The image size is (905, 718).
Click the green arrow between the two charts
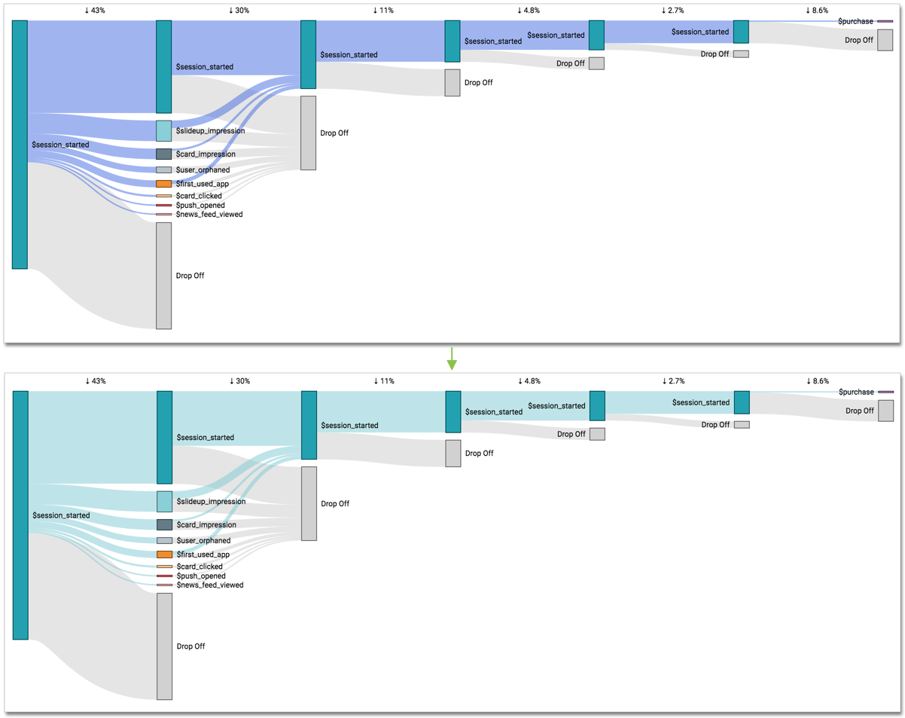pyautogui.click(x=452, y=359)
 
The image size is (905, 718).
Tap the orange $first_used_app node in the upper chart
pyautogui.click(x=163, y=184)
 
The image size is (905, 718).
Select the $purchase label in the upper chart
pyautogui.click(x=855, y=21)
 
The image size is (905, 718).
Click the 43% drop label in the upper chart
pyautogui.click(x=95, y=11)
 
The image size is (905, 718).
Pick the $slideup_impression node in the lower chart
pyautogui.click(x=164, y=501)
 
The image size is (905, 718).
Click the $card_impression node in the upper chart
pyautogui.click(x=163, y=154)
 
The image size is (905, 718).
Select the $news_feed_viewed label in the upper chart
pyautogui.click(x=209, y=215)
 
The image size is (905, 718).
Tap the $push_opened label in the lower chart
pyautogui.click(x=201, y=576)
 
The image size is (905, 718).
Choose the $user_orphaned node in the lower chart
pyautogui.click(x=164, y=540)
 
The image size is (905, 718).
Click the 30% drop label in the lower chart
pyautogui.click(x=239, y=381)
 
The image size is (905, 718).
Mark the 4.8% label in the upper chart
pyautogui.click(x=528, y=11)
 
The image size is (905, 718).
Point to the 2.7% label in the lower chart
pyautogui.click(x=673, y=381)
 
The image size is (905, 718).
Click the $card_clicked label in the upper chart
pyautogui.click(x=199, y=196)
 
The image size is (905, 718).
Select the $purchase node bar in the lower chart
pyautogui.click(x=885, y=392)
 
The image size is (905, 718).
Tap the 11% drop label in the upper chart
pyautogui.click(x=383, y=11)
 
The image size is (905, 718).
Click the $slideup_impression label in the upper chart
pyautogui.click(x=210, y=131)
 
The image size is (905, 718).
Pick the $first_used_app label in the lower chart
pyautogui.click(x=203, y=555)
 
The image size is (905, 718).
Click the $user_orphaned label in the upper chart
pyautogui.click(x=203, y=170)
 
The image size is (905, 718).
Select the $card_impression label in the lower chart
pyautogui.click(x=206, y=524)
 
